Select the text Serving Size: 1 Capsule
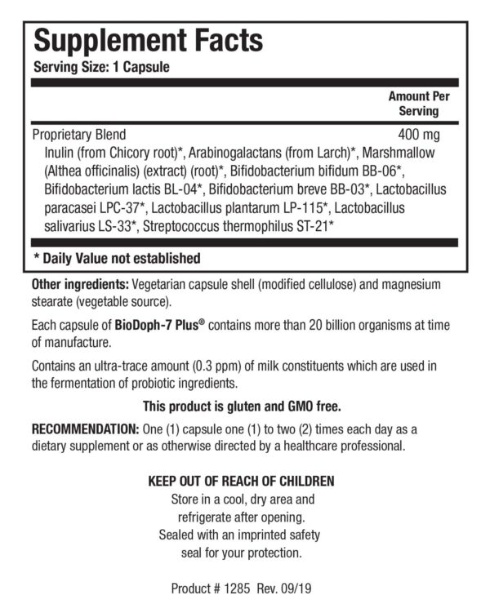(101, 68)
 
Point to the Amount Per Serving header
(418, 104)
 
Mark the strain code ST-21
(311, 226)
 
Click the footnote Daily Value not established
(116, 259)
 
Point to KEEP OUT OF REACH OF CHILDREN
(240, 481)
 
